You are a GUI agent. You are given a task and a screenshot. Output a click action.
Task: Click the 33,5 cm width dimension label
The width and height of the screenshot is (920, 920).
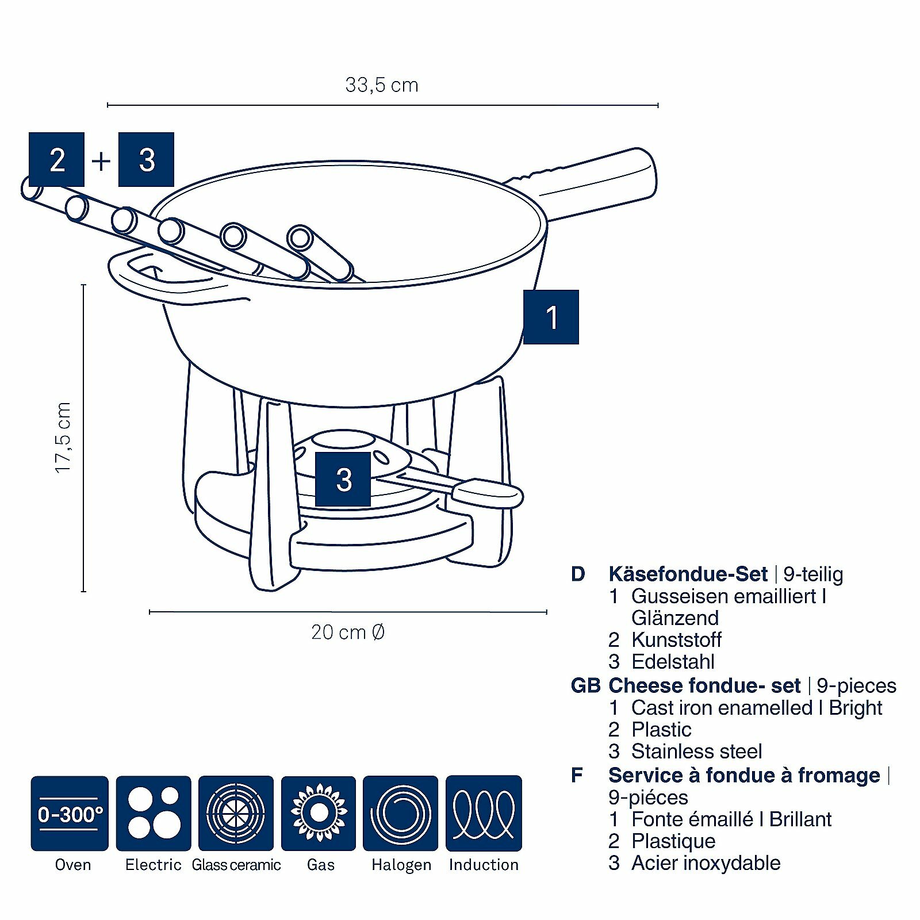[x=382, y=85]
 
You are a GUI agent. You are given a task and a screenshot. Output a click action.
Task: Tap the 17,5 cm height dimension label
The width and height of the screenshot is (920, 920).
[x=63, y=438]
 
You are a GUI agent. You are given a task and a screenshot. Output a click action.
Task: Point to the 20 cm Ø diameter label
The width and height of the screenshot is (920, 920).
[x=347, y=632]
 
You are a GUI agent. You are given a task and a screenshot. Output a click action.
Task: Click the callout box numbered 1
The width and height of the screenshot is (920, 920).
[x=551, y=317]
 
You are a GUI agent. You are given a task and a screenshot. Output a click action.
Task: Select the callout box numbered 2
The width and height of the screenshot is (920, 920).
[x=56, y=159]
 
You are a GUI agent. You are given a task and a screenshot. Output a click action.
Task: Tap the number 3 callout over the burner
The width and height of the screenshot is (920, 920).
[x=343, y=479]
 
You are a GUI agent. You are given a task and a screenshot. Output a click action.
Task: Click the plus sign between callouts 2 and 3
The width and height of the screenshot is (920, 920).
[x=101, y=160]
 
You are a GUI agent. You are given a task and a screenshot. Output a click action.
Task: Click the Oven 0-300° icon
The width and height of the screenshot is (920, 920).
[x=70, y=813]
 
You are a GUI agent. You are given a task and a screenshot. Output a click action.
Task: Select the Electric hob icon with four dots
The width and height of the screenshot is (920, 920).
[x=154, y=813]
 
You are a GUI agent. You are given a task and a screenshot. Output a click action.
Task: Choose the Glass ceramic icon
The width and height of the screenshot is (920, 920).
[x=236, y=813]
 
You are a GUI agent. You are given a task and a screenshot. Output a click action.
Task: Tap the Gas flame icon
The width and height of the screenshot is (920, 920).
[x=319, y=813]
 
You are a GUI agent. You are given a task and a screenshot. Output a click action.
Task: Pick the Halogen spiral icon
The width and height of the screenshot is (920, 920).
[x=400, y=813]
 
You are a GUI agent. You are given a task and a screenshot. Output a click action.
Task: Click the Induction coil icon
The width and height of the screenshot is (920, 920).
[x=484, y=813]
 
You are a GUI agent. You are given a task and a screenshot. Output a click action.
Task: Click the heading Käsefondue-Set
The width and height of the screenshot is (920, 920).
[x=688, y=574]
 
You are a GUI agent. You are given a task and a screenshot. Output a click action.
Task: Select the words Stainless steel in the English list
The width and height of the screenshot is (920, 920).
[x=696, y=751]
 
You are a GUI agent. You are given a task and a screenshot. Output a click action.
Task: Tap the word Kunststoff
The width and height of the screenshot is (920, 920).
[x=676, y=639]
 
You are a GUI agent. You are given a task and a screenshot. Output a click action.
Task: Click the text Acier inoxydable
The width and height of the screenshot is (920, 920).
[x=706, y=862]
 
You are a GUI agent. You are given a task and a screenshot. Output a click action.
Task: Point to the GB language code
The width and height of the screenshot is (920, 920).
[x=585, y=685]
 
